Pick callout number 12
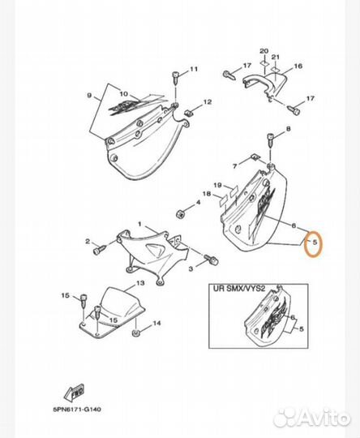tap(207, 102)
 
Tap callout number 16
tap(298, 67)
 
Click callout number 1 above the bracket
tap(139, 224)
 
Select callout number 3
tap(191, 267)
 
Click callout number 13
tap(140, 283)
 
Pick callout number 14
tap(157, 324)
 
